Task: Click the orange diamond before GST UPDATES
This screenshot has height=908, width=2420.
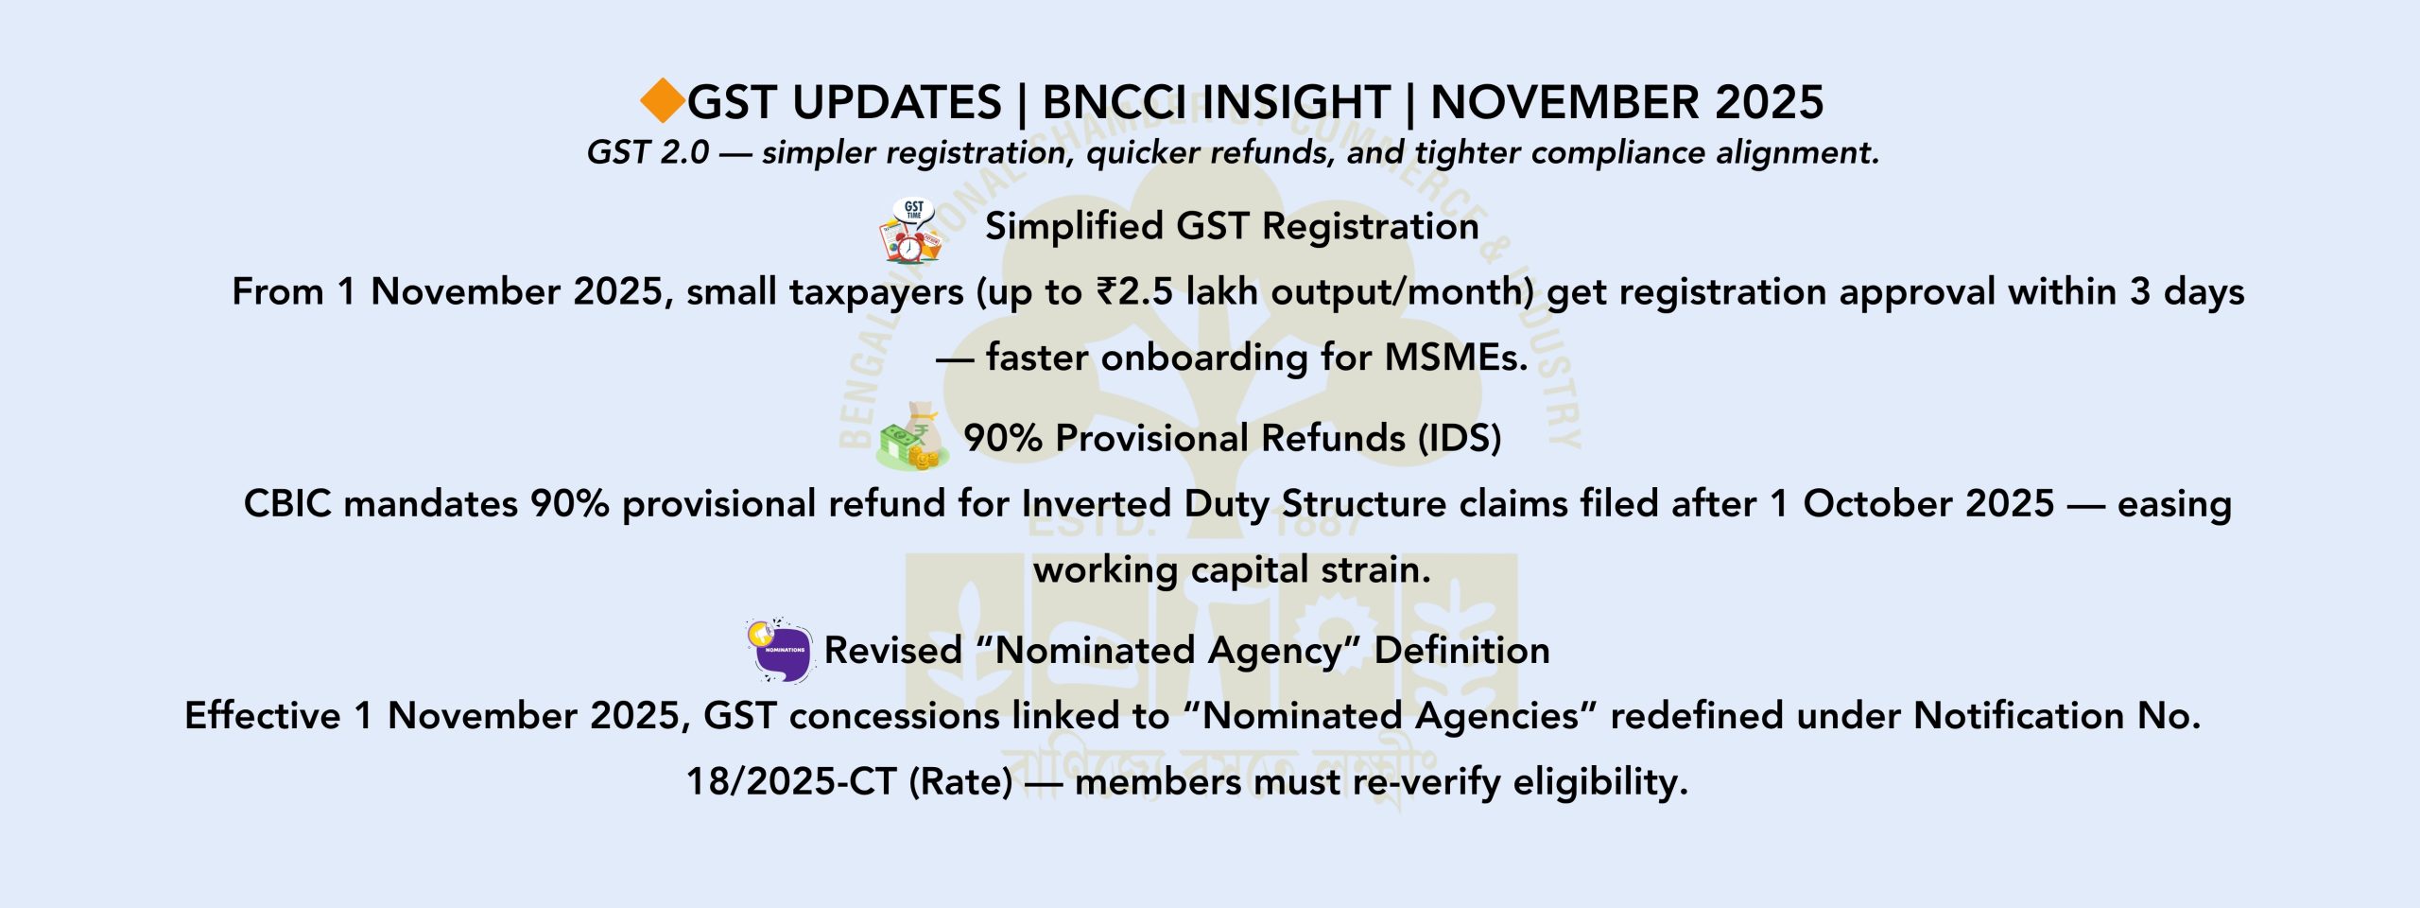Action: click(x=663, y=101)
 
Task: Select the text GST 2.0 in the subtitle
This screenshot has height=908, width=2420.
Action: click(x=648, y=152)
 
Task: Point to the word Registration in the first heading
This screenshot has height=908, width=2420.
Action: click(x=1370, y=227)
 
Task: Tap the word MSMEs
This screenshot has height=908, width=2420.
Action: click(x=1456, y=358)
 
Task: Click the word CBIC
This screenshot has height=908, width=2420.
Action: click(x=287, y=504)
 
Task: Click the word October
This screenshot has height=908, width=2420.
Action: click(x=1928, y=504)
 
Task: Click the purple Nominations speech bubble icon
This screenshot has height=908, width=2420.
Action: click(x=780, y=650)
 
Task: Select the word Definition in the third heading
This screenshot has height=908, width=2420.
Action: click(x=1461, y=651)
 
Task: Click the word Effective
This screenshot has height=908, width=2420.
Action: click(x=263, y=716)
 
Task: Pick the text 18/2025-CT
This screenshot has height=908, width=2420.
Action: click(x=790, y=782)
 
